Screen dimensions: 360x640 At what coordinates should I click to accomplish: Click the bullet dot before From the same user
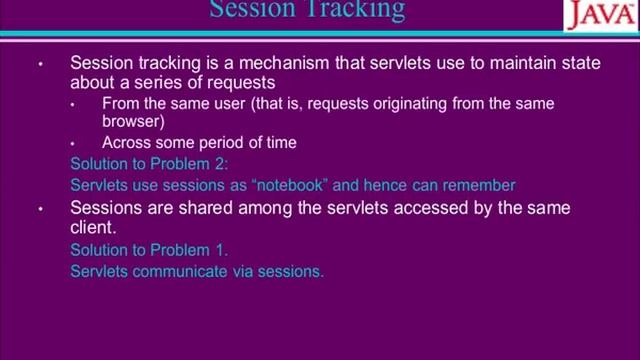click(74, 104)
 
